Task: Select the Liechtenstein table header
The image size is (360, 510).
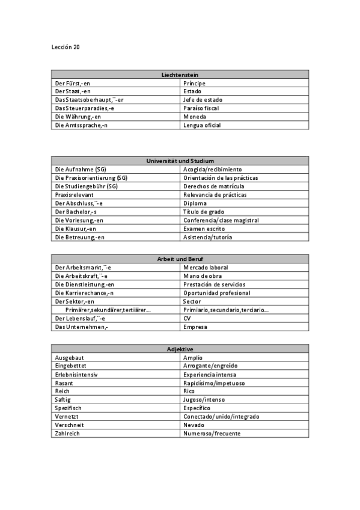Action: point(180,75)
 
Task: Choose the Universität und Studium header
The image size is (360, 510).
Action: point(180,161)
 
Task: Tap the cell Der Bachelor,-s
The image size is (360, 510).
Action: point(76,212)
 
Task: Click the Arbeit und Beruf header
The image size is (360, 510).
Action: point(180,259)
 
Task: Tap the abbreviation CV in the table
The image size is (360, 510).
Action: point(187,318)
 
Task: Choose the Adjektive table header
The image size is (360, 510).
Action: point(180,349)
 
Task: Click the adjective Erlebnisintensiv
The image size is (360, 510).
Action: point(76,374)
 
